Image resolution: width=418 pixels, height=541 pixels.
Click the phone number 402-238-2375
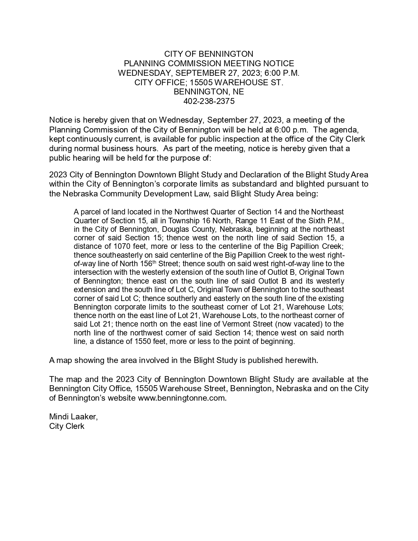pyautogui.click(x=209, y=101)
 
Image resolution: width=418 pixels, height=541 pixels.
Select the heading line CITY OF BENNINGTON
pyautogui.click(x=209, y=54)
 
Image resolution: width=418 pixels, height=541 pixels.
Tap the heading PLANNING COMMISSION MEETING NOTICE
pyautogui.click(x=209, y=63)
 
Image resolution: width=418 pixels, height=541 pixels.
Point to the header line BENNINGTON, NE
pyautogui.click(x=209, y=92)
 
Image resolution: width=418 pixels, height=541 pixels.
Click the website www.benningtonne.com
pyautogui.click(x=182, y=398)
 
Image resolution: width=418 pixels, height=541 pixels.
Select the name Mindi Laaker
pyautogui.click(x=73, y=417)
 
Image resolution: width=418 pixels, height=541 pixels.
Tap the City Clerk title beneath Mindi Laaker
pyautogui.click(x=67, y=426)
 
